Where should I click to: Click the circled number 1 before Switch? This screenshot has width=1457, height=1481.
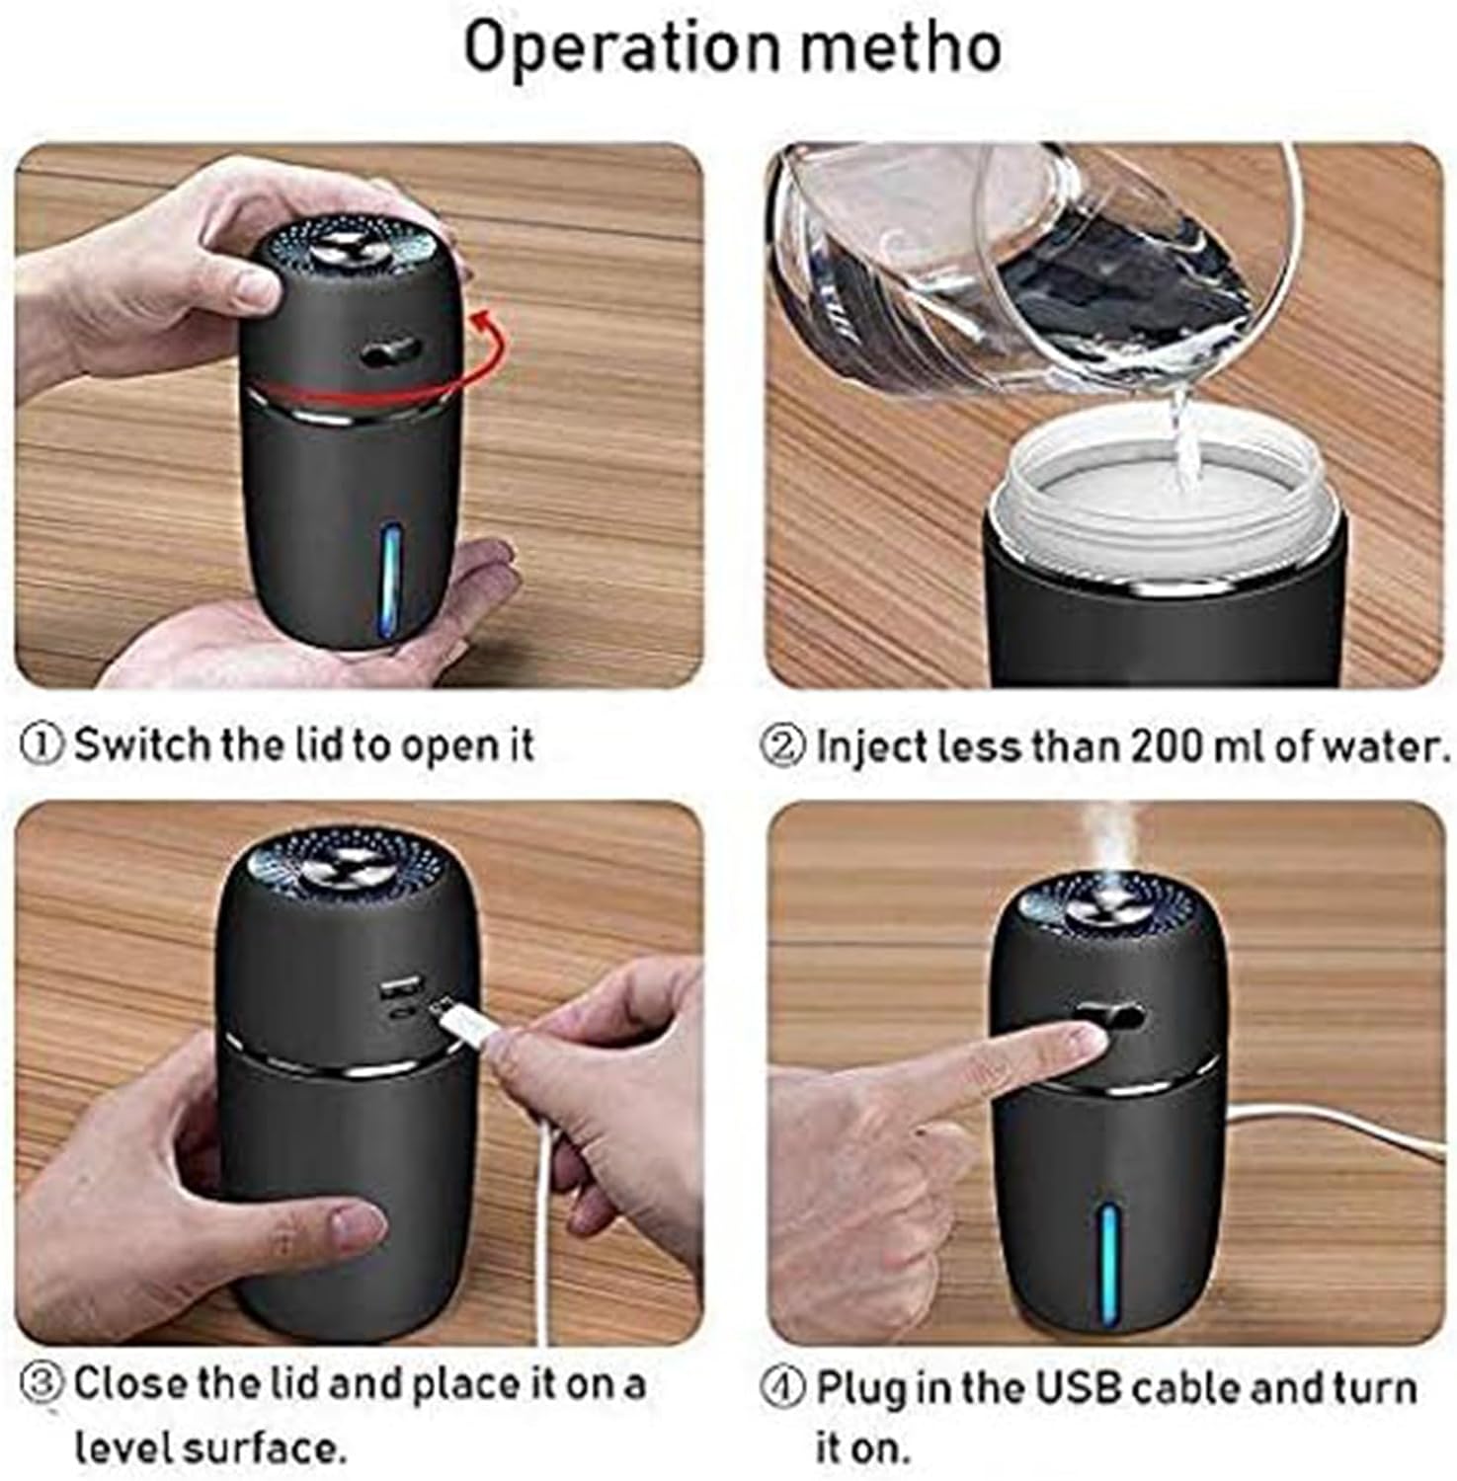click(x=42, y=744)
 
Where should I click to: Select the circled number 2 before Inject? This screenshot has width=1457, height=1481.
click(x=783, y=745)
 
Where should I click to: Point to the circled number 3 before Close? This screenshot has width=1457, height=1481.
click(x=42, y=1383)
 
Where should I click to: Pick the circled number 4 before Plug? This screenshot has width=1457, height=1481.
click(x=783, y=1387)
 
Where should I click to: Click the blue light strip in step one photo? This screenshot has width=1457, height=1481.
click(x=390, y=578)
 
